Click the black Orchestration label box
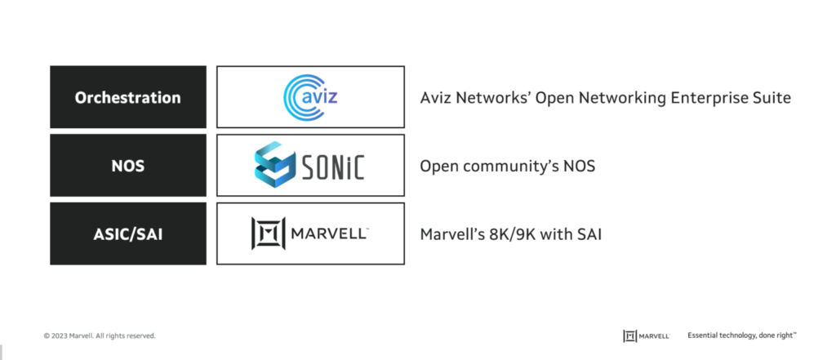coord(128,97)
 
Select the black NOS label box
coord(128,166)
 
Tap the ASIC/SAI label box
coord(128,233)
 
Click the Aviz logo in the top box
coord(310,97)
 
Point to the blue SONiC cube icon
coord(274,164)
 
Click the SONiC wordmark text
coord(333,166)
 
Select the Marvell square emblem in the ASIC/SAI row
coord(268,233)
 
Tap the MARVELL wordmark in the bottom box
coord(329,233)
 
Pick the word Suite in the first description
coord(770,98)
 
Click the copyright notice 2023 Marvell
coord(100,336)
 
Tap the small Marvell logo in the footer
coord(647,336)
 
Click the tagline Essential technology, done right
coord(742,336)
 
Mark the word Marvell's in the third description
coord(452,234)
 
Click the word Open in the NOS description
coord(438,167)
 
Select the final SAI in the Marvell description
coord(588,234)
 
